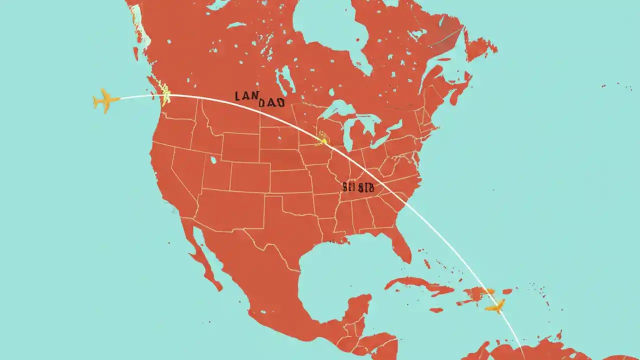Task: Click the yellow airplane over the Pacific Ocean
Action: [105, 100]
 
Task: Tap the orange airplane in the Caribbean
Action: [496, 306]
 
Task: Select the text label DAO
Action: [272, 103]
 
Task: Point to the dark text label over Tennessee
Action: [358, 187]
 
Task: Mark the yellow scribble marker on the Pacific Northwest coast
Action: [163, 90]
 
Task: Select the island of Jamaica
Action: [436, 310]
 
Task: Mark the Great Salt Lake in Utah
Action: [214, 161]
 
